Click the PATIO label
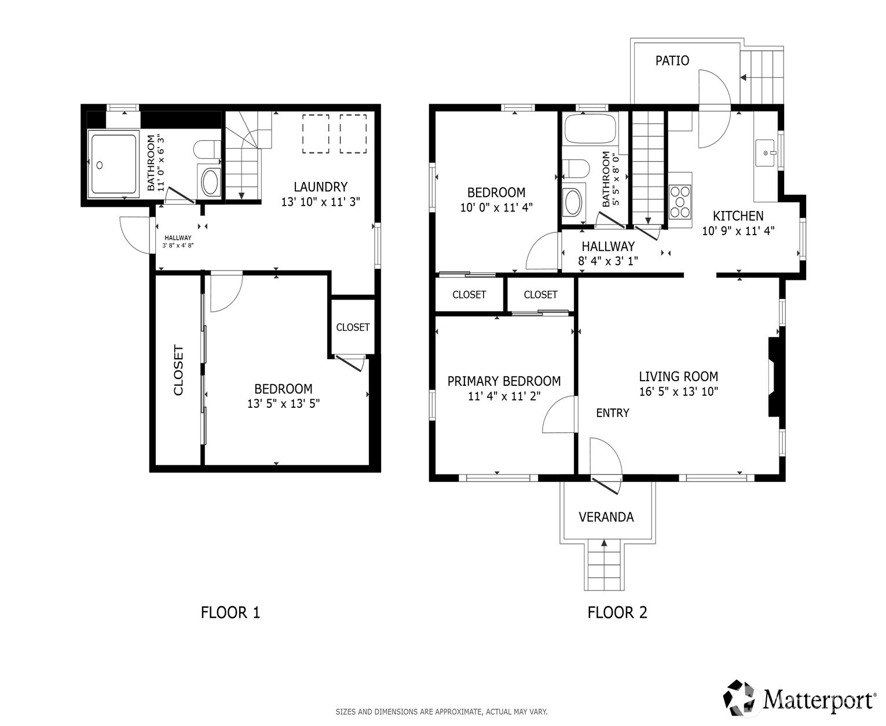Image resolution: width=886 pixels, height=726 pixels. click(672, 60)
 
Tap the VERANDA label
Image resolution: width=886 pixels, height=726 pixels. click(606, 517)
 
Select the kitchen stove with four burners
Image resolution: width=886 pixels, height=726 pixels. click(680, 202)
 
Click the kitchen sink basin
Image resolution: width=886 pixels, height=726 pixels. click(765, 153)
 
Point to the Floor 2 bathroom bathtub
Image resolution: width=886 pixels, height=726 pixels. click(590, 128)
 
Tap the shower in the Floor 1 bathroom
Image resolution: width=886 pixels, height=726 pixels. click(114, 165)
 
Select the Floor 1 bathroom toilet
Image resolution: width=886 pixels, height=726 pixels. click(207, 149)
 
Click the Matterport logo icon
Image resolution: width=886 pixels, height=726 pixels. click(741, 698)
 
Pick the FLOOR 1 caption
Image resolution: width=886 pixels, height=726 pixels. click(230, 612)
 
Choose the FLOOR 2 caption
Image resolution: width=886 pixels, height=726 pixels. click(617, 612)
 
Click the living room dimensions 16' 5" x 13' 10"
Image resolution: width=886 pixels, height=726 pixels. click(678, 391)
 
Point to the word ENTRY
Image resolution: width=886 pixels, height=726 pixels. click(613, 413)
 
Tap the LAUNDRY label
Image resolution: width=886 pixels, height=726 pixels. click(320, 187)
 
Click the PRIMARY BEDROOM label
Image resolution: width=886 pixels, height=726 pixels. click(504, 381)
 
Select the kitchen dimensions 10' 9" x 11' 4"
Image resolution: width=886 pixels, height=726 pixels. click(738, 231)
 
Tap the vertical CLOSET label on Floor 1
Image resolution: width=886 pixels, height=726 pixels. click(178, 370)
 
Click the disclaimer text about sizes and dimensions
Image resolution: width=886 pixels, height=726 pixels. click(441, 712)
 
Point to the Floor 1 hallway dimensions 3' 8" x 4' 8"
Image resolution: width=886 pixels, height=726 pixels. click(178, 246)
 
